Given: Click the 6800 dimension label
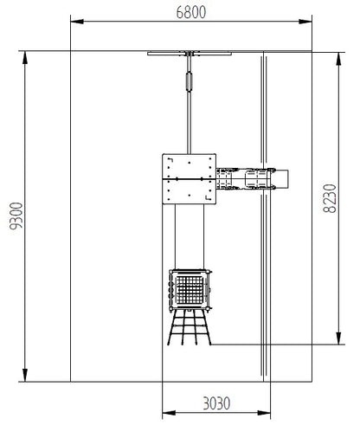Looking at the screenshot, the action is [191, 12].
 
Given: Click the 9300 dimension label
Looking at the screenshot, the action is [16, 216].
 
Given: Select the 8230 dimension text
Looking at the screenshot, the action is [330, 198].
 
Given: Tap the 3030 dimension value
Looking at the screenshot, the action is [216, 403].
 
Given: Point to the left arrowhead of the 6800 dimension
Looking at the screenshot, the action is [77, 22].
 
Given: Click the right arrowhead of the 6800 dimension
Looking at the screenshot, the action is [305, 22].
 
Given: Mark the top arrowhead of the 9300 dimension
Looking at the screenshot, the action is [25, 58].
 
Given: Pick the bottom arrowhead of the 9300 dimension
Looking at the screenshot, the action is [25, 375].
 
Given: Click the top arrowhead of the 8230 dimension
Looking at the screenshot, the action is [339, 59].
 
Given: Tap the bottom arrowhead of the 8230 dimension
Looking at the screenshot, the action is [339, 338].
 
